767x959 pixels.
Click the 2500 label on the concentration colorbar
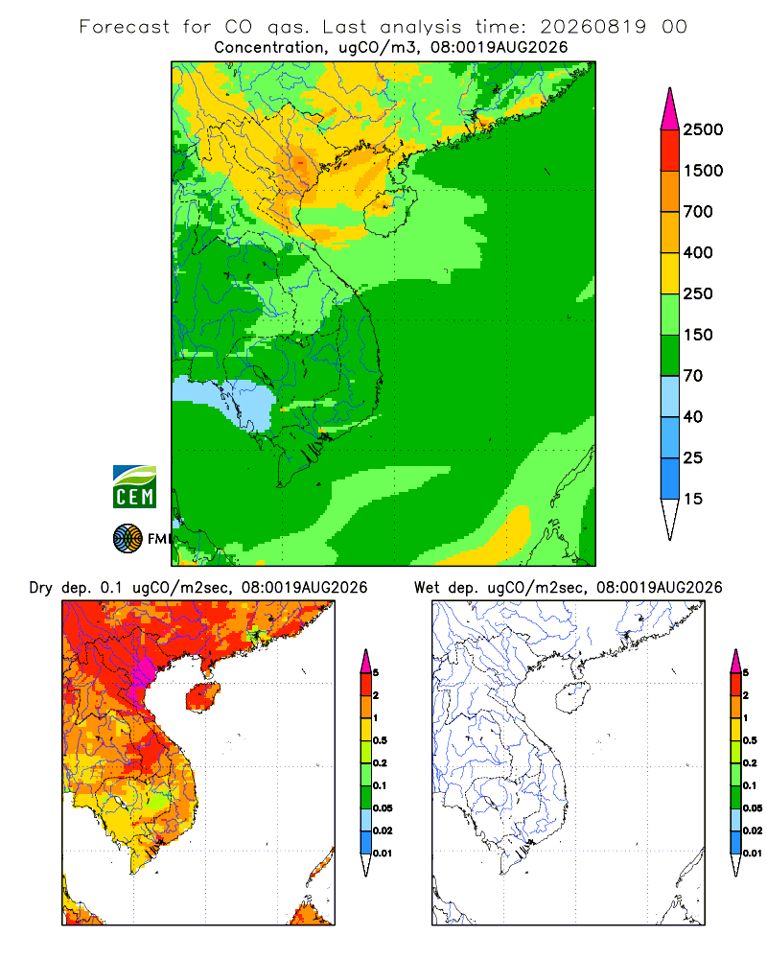pos(703,129)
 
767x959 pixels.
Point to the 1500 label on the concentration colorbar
pos(703,171)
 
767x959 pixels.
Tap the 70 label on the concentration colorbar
pos(692,376)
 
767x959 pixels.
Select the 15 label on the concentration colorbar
pos(692,499)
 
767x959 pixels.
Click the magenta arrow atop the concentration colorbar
pos(670,110)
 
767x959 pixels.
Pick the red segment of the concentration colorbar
pos(670,151)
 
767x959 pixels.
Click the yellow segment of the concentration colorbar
pos(670,273)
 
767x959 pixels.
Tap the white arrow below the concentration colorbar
pos(670,517)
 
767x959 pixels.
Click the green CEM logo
pos(134,487)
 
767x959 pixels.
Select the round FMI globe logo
pos(128,538)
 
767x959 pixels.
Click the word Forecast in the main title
pos(125,27)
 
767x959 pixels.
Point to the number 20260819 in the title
pos(593,27)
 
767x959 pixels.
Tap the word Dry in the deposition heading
pos(41,588)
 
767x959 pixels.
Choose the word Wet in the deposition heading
pos(427,588)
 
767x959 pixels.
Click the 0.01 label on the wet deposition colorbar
pos(753,854)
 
